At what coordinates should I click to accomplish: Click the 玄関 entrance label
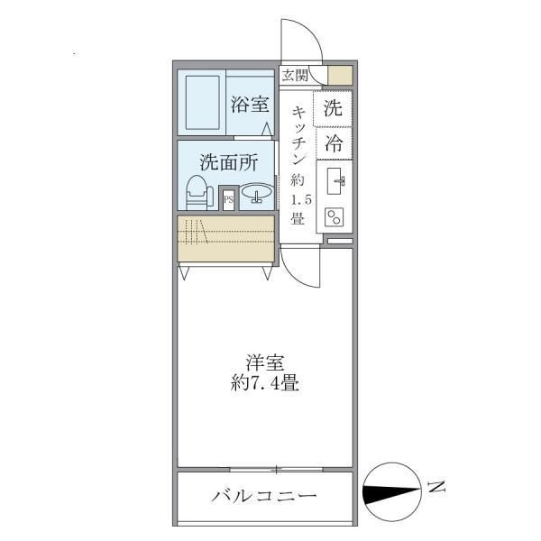294,76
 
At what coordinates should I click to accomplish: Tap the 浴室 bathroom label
249,105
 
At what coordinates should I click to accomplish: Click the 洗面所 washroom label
229,163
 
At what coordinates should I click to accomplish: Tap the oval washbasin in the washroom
258,195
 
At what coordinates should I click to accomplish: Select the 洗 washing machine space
333,110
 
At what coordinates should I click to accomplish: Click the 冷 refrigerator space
333,142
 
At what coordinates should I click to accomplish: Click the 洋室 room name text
263,364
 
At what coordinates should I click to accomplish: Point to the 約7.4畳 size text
263,383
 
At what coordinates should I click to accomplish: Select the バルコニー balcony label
263,497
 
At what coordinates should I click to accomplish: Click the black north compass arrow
390,492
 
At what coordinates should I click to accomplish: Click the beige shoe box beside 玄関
339,76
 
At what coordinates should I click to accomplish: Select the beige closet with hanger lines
225,238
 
